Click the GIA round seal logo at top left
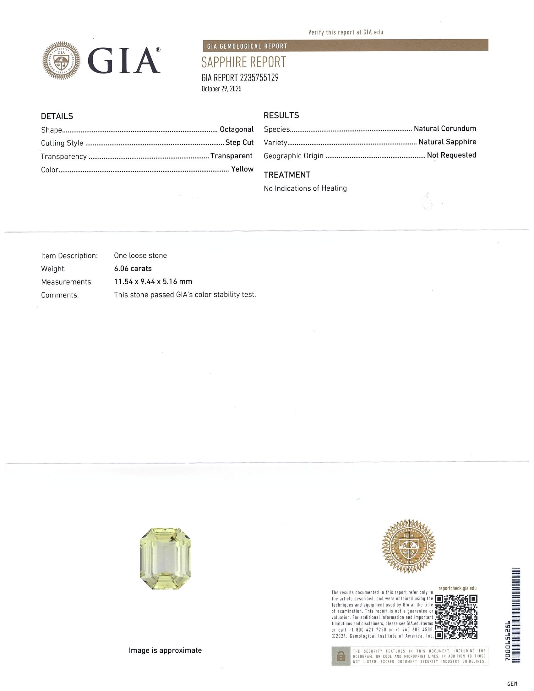[61, 60]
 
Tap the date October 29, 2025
[221, 89]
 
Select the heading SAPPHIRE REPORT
[243, 62]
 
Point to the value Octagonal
[237, 129]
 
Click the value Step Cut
[239, 143]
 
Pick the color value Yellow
[242, 169]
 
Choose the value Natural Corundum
[445, 128]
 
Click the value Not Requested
[451, 155]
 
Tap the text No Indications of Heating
[305, 188]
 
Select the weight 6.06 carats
[133, 269]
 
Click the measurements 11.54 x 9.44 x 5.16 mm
[153, 282]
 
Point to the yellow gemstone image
[165, 558]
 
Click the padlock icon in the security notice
[341, 656]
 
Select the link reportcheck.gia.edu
[457, 588]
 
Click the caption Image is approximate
[165, 650]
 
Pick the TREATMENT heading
[287, 175]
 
